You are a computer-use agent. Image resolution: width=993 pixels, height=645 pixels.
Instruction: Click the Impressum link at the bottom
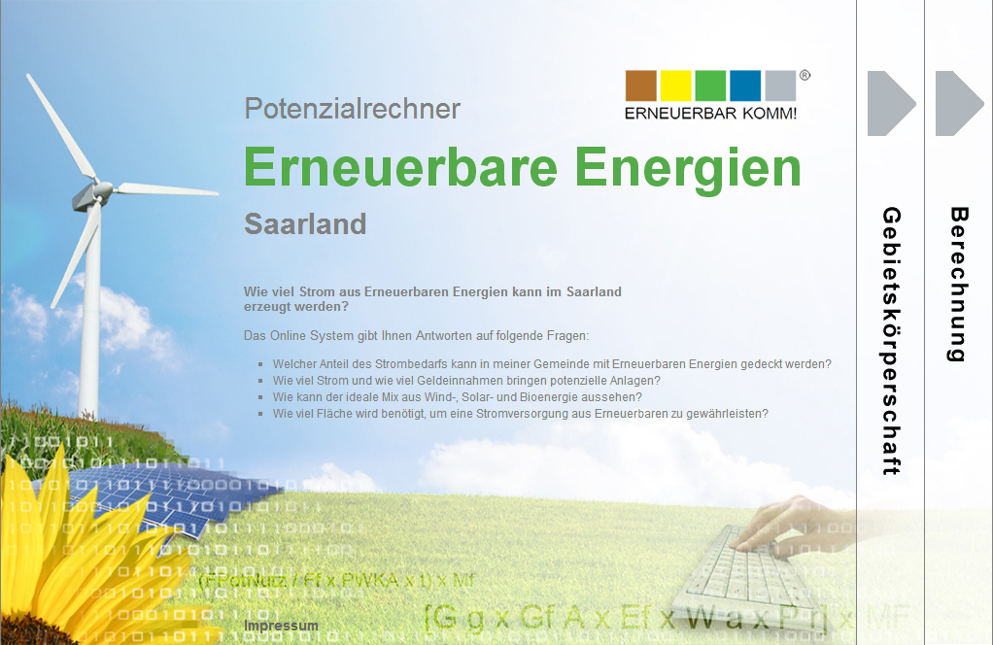tap(281, 626)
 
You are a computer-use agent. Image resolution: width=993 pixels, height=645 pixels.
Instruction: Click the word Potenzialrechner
tap(352, 109)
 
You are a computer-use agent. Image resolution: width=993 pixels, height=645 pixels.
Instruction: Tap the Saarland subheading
tap(305, 223)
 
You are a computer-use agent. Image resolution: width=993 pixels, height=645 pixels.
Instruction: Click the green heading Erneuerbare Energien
tap(523, 167)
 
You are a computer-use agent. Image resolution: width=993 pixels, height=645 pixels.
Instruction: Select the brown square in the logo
tap(641, 85)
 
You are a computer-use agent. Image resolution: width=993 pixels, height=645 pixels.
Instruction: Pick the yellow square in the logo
tap(676, 85)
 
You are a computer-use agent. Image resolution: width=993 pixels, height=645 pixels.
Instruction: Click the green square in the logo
tap(710, 85)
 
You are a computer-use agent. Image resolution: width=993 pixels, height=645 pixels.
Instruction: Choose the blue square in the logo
tap(745, 85)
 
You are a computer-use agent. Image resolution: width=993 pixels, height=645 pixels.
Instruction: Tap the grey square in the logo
tap(780, 85)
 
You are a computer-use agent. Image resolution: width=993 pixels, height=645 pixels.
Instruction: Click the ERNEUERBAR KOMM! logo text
tap(710, 114)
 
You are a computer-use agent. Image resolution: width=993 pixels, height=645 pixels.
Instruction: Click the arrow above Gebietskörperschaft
tap(891, 103)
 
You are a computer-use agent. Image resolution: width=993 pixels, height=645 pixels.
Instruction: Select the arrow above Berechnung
tap(959, 103)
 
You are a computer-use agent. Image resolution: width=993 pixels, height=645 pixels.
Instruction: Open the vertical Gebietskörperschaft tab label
tap(891, 340)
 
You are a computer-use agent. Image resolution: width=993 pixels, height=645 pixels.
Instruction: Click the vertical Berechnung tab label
tap(959, 284)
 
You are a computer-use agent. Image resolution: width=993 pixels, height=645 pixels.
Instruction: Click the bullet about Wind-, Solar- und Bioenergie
tap(457, 397)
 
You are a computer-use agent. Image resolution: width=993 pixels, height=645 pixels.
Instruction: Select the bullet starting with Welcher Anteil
tap(552, 364)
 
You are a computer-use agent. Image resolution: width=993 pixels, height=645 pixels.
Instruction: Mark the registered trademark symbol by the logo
tap(805, 75)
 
